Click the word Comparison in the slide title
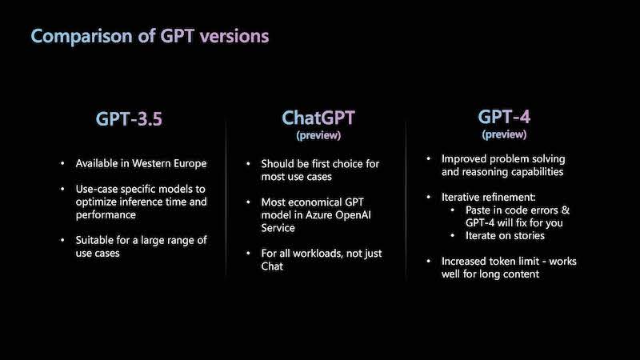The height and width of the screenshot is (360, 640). point(82,36)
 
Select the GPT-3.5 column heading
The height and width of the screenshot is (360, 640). point(129,118)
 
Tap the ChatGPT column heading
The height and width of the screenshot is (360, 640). point(318,118)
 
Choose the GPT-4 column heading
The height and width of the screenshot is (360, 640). point(504,117)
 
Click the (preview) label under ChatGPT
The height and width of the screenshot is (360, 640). point(318,135)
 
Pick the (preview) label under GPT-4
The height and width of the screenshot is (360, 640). point(504,134)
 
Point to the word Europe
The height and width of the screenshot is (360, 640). point(190,164)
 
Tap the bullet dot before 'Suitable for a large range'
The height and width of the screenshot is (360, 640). point(62,240)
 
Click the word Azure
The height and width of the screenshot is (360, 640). point(318,215)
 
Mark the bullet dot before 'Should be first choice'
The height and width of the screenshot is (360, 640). point(248,164)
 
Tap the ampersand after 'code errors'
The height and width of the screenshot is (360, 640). point(566,210)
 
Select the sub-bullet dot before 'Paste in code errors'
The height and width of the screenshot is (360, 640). point(453,210)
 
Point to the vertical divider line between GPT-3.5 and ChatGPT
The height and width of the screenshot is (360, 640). point(226,198)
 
